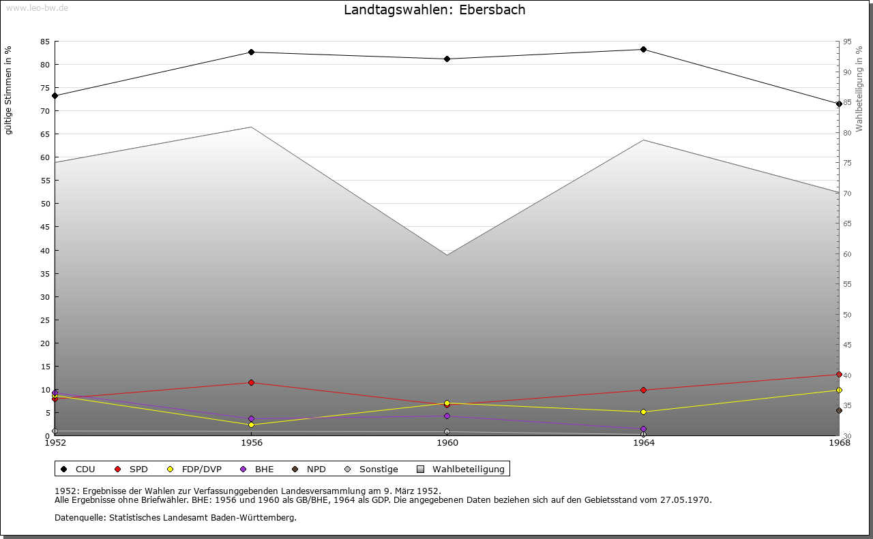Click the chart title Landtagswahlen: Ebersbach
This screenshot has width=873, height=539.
click(434, 10)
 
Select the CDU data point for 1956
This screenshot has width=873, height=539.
click(252, 52)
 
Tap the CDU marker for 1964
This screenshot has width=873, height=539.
click(643, 49)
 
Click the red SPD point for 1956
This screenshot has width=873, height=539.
click(252, 383)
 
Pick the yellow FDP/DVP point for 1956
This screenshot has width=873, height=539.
click(252, 425)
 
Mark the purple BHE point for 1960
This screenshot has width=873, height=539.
click(447, 416)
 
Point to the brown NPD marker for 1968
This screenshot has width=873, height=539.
click(839, 410)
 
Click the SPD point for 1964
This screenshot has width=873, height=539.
click(643, 390)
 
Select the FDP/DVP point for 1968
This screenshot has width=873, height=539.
click(839, 390)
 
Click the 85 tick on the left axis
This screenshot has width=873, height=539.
click(44, 42)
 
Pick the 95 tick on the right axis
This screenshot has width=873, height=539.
click(847, 42)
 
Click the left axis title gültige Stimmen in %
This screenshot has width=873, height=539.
click(9, 90)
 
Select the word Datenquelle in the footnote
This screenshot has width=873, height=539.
click(77, 518)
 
